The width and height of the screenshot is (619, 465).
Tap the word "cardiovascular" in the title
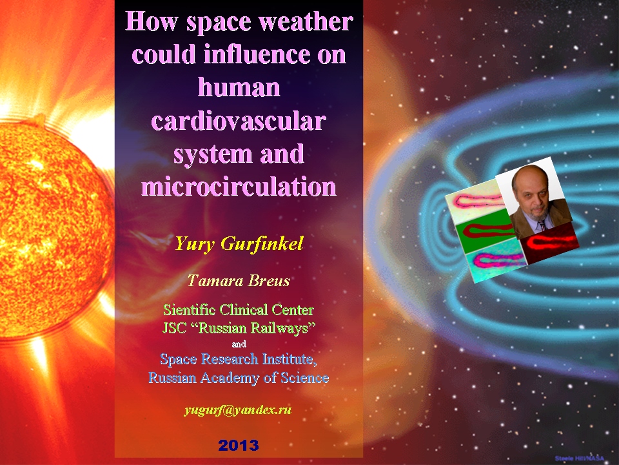pyautogui.click(x=239, y=121)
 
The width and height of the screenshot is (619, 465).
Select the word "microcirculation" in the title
pyautogui.click(x=239, y=186)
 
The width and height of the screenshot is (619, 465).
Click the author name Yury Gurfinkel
pyautogui.click(x=239, y=243)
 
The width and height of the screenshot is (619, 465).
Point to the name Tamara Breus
pyautogui.click(x=239, y=280)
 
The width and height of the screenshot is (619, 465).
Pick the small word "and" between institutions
pyautogui.click(x=239, y=344)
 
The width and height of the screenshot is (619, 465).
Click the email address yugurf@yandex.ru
pyautogui.click(x=238, y=410)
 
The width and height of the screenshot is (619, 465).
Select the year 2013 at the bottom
pyautogui.click(x=239, y=446)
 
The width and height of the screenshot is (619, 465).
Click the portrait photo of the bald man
pyautogui.click(x=534, y=198)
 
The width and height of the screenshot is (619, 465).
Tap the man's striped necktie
pyautogui.click(x=542, y=225)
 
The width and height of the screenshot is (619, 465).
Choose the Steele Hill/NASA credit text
pyautogui.click(x=580, y=459)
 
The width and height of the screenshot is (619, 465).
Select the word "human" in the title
pyautogui.click(x=239, y=87)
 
